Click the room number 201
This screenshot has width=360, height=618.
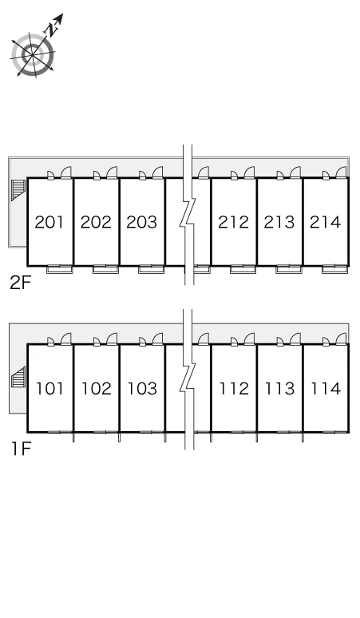(x=49, y=222)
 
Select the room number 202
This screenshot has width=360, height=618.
(x=96, y=222)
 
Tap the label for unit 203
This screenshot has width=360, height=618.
(x=142, y=222)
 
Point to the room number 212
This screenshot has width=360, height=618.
(x=234, y=222)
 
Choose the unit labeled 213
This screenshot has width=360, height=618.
(x=279, y=222)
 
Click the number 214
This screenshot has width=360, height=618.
(x=326, y=222)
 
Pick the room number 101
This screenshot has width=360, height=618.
(x=49, y=389)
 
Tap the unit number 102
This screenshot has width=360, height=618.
(x=96, y=389)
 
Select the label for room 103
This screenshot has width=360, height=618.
(x=142, y=389)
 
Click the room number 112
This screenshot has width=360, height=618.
(x=234, y=389)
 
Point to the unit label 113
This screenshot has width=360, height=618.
(x=279, y=389)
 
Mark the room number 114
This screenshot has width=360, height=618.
(x=326, y=389)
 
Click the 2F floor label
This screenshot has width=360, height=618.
(x=20, y=283)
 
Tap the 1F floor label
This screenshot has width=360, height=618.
(x=21, y=449)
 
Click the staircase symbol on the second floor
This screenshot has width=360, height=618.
(x=18, y=190)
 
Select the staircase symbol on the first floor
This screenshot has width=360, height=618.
(x=18, y=377)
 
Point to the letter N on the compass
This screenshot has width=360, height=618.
(x=51, y=30)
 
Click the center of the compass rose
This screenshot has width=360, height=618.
(x=31, y=54)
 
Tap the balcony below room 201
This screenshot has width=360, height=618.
(x=60, y=270)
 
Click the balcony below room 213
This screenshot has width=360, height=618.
(x=289, y=270)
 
